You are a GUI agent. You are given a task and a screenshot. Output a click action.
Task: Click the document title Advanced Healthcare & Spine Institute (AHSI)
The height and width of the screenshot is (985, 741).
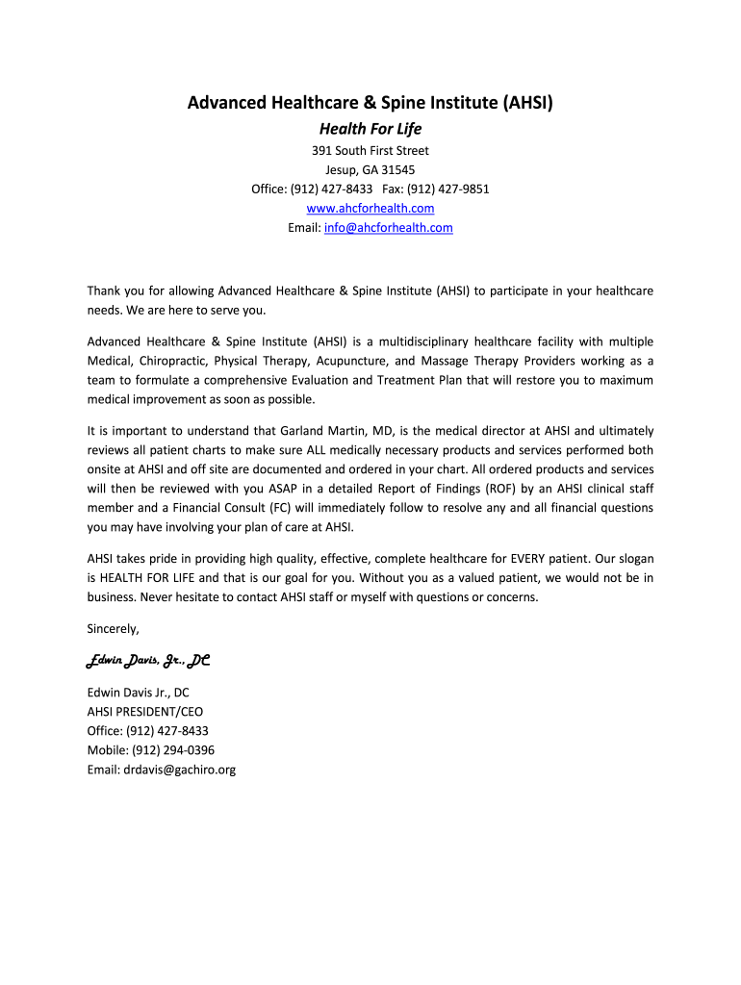[370, 102]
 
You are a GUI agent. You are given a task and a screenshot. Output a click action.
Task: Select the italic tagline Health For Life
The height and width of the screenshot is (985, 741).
[370, 129]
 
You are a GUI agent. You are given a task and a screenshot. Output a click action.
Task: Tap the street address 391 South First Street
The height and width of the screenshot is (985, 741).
[370, 150]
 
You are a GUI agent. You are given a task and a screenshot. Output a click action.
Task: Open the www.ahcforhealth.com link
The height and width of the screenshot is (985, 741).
[370, 208]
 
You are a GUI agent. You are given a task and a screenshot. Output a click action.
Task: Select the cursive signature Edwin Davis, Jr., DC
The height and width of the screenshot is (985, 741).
[149, 661]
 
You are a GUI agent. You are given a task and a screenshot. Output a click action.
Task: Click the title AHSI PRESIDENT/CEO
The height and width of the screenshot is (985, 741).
[145, 712]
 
